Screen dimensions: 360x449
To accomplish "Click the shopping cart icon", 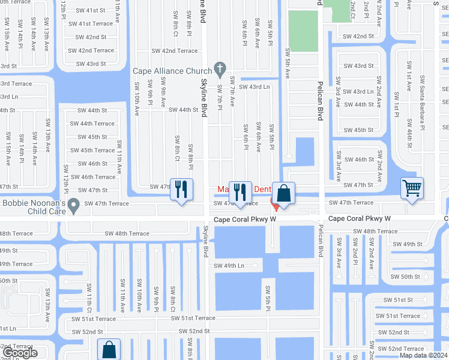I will click(412, 188).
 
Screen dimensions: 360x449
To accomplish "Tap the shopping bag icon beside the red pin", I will click(284, 193).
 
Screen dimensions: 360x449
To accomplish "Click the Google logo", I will click(20, 353).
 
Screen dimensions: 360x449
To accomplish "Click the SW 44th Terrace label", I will click(92, 124).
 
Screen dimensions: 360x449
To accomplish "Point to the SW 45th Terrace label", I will click(92, 151).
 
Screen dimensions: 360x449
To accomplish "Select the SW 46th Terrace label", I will click(93, 177).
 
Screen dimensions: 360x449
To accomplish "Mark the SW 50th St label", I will click(405, 277).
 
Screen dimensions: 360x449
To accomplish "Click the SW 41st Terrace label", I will click(90, 23).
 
